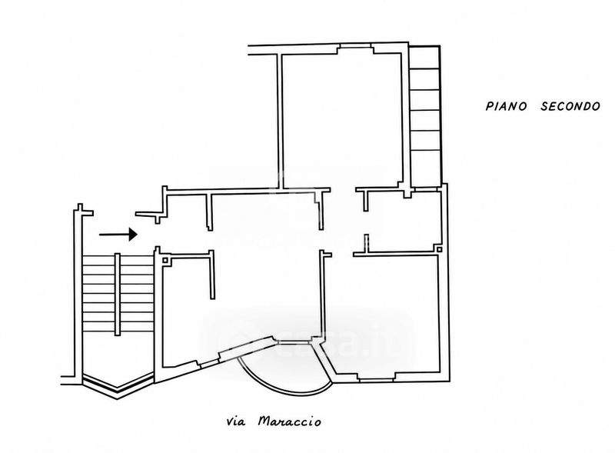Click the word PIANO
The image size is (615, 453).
(x=506, y=106)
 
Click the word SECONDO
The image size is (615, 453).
(x=570, y=106)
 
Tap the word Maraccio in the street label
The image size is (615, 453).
(x=290, y=422)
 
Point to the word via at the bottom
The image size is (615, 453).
(x=236, y=422)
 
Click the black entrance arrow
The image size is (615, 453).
(x=118, y=235)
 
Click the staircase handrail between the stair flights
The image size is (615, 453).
(x=118, y=295)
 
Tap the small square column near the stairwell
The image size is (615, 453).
(x=165, y=260)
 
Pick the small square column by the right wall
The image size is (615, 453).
(x=439, y=249)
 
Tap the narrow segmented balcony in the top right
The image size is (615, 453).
(x=424, y=117)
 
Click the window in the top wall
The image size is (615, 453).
(x=356, y=47)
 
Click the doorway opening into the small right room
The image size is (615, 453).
(x=366, y=222)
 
